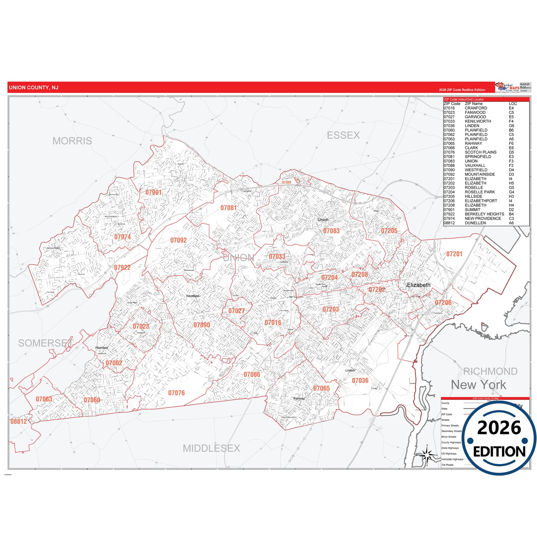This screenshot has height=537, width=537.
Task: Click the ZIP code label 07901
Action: [x=153, y=192]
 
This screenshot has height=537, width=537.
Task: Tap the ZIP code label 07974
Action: [x=122, y=237]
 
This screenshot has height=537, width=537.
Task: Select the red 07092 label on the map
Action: [x=178, y=240]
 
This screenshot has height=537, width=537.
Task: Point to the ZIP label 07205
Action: [x=389, y=231]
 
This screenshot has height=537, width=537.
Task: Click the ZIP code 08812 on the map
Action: [x=19, y=421]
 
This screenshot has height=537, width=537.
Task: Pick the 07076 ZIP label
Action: [x=176, y=393]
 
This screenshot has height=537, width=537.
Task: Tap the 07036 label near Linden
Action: [x=360, y=381]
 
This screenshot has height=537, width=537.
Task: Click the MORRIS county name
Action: [x=72, y=141]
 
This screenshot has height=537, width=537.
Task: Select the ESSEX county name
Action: [x=343, y=135]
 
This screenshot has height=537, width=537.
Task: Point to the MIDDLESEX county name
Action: [x=211, y=449]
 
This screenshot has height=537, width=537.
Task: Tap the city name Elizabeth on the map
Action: [x=418, y=285]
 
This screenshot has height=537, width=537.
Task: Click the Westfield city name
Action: [x=193, y=296]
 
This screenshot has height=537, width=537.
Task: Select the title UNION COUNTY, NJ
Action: [x=33, y=88]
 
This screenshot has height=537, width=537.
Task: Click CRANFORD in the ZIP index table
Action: [x=476, y=108]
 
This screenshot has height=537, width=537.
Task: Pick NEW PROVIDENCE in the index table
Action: [x=483, y=219]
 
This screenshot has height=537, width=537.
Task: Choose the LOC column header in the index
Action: [x=513, y=104]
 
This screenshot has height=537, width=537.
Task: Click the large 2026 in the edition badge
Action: [x=499, y=428]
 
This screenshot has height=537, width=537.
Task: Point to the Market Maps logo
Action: [x=507, y=87]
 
